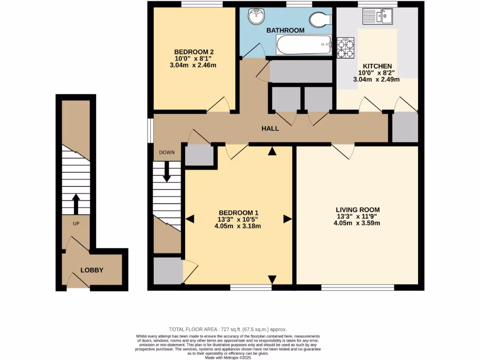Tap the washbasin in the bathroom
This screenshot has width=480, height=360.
pos(256,17)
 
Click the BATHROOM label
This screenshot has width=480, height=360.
pos(285,30)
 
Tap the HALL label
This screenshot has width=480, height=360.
pos(270,128)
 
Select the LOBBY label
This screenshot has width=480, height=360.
pos(91,270)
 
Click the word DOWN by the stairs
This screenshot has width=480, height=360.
pos(166,152)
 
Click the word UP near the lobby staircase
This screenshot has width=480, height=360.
pos(75,223)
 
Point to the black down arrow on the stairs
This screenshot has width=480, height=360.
pos(166,172)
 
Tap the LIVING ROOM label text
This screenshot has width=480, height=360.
pos(357,210)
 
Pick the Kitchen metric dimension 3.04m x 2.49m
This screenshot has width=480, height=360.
pos(376,80)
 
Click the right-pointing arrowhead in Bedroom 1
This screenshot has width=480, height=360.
pos(286,218)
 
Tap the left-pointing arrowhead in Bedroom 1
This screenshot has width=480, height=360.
pos(190,218)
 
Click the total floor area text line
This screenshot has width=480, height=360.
pos(227,330)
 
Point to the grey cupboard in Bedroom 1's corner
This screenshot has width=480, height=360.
pos(167,270)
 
